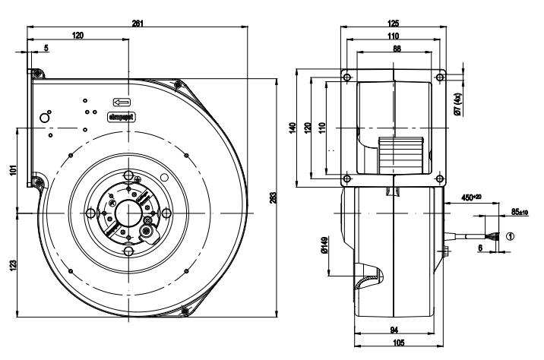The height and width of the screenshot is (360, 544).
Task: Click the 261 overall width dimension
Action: click(138, 24)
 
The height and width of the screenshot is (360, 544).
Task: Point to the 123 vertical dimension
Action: click(13, 265)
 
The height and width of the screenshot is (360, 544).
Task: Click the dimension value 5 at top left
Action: click(46, 47)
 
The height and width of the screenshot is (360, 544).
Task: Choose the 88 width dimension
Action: click(393, 47)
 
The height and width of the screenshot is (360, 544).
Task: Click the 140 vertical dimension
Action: click(293, 128)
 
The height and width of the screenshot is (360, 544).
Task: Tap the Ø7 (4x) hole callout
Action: click(458, 102)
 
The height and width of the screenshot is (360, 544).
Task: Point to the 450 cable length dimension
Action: click(472, 199)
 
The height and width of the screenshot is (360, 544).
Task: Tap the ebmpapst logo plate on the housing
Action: click(122, 117)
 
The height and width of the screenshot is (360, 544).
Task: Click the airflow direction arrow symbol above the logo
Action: click(122, 101)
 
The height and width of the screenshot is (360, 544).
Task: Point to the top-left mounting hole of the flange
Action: click(346, 77)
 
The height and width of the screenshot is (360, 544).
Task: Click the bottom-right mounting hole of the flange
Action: click(440, 179)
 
